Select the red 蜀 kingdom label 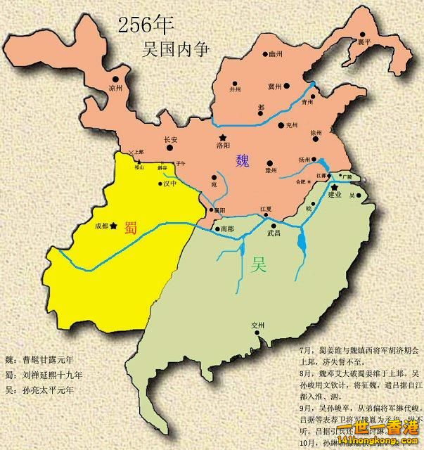[x=131, y=226]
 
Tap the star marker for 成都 [x=114, y=225]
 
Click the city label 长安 [x=171, y=139]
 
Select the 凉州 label [x=115, y=89]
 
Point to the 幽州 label [x=275, y=53]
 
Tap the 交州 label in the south [x=258, y=325]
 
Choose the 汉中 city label [x=169, y=184]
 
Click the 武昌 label [x=274, y=232]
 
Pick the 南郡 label [x=226, y=229]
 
